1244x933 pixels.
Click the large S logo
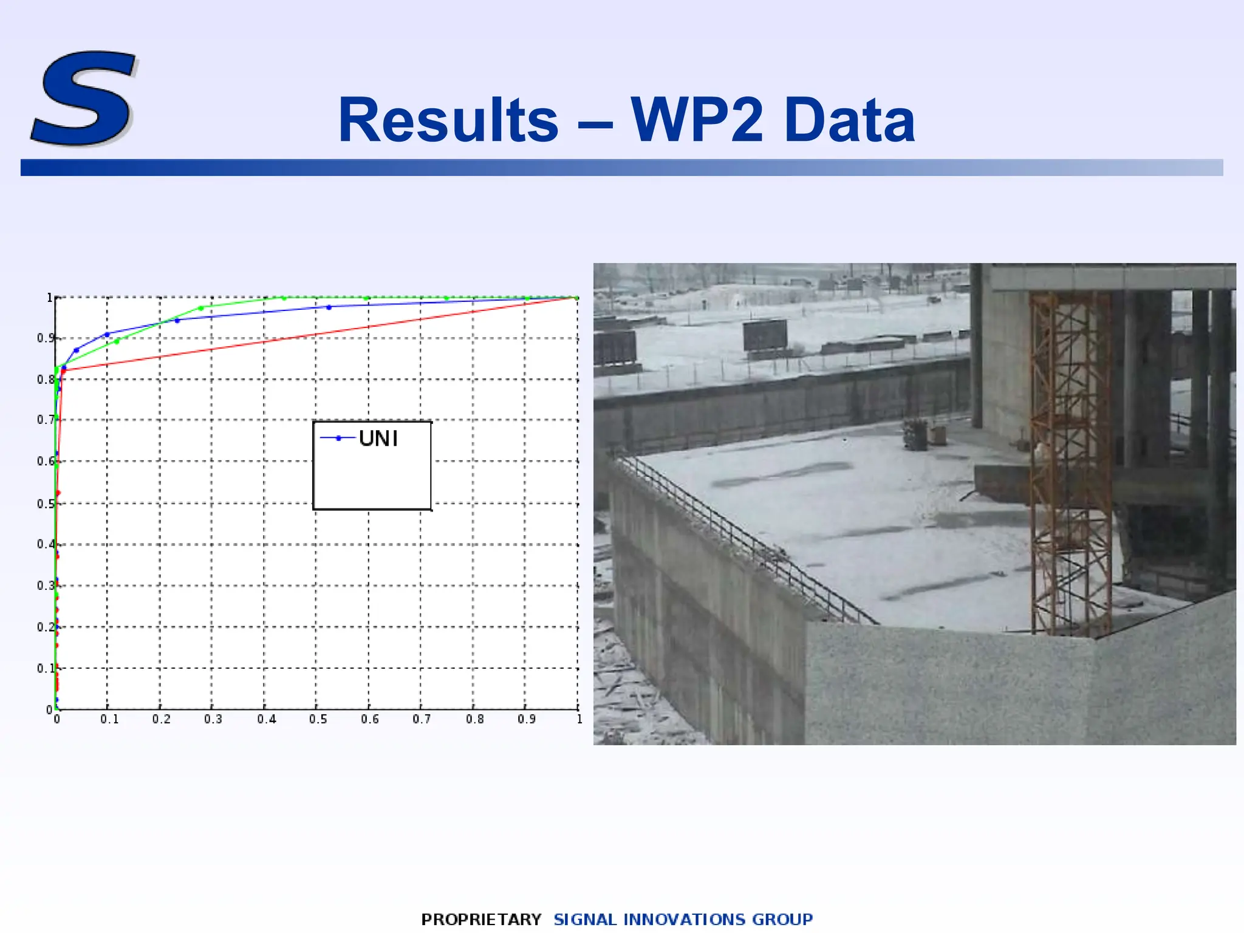(83, 98)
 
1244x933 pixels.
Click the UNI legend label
(378, 439)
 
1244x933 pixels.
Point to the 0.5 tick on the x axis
(318, 719)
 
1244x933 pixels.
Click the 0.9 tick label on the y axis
(46, 338)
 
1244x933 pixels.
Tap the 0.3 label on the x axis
(213, 719)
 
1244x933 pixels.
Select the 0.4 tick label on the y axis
(46, 544)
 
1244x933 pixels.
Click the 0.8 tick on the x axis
(474, 719)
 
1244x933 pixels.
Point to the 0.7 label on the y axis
(46, 420)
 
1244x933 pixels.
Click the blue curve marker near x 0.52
(329, 307)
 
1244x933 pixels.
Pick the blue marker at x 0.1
(108, 335)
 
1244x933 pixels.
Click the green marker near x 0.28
(201, 308)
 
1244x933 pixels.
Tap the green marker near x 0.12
(117, 341)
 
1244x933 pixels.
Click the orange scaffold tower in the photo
(1070, 462)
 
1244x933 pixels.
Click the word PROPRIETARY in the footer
(481, 919)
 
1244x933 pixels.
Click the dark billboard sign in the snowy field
(765, 335)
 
